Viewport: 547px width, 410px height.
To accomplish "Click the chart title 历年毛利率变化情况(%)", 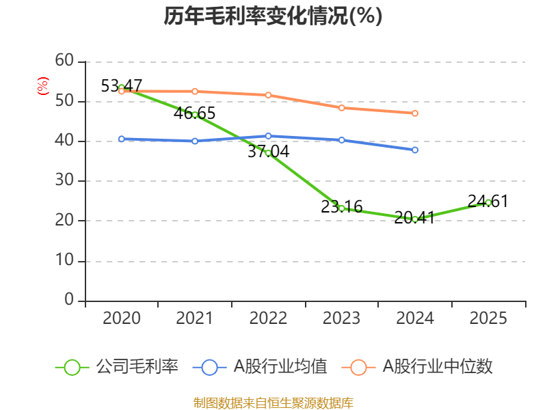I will click(273, 16).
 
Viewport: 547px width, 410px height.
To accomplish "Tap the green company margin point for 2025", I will click(488, 202).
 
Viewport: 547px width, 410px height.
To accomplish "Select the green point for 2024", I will click(415, 219).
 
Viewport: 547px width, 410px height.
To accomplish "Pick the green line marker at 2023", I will click(342, 208).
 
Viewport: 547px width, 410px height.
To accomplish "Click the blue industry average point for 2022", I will click(268, 136).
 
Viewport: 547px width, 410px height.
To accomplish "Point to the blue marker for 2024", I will click(415, 150).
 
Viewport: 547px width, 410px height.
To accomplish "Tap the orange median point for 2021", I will click(195, 91).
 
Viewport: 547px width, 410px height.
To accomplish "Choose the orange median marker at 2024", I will click(415, 113).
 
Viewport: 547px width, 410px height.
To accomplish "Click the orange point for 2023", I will click(342, 107).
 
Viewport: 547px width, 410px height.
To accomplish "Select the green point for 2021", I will click(195, 115).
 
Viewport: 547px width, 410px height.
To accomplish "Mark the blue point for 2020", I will click(122, 139).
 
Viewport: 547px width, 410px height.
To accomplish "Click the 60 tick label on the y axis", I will click(64, 61).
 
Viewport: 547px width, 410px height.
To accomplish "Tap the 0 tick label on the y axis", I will click(68, 300).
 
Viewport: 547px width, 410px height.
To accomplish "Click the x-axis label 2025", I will click(488, 318).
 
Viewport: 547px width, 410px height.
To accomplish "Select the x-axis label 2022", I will click(268, 318).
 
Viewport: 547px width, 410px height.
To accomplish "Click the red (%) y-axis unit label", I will click(43, 86).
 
